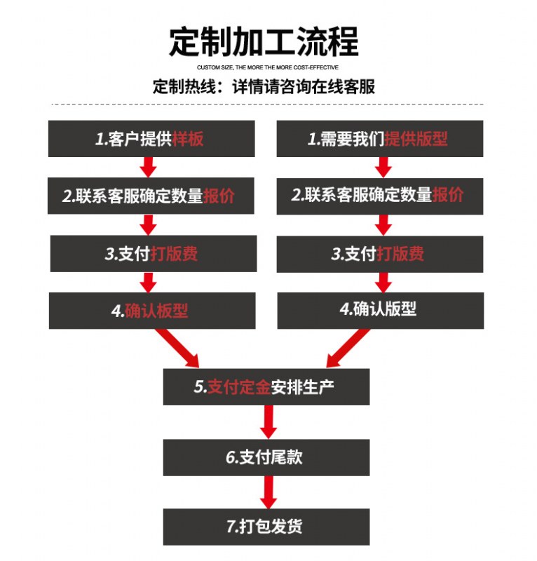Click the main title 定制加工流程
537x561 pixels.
click(264, 41)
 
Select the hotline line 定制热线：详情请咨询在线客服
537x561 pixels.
click(264, 88)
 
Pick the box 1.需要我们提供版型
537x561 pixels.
click(379, 139)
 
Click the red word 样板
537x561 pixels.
click(188, 139)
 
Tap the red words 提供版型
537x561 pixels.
click(416, 139)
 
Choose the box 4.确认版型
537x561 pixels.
click(379, 309)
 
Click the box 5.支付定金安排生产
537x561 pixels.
click(266, 386)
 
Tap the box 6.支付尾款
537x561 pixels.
click(266, 458)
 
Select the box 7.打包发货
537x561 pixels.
click(266, 527)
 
